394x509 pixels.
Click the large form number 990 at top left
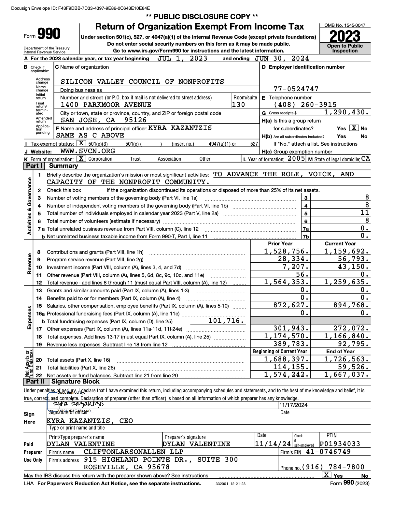tap(49, 34)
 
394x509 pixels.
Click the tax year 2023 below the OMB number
tap(345, 36)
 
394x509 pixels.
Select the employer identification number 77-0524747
tap(296, 89)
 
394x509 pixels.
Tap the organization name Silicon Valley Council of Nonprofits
tap(142, 81)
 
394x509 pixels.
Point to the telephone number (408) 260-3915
tap(305, 105)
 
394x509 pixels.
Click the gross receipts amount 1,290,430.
tap(347, 112)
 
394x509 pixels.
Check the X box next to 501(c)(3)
tap(81, 143)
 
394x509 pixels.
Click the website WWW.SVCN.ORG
tap(88, 151)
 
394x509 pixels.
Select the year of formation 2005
tap(296, 159)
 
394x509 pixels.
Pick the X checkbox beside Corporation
tap(81, 159)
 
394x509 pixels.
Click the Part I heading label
tap(34, 166)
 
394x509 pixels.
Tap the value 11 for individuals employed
tap(365, 213)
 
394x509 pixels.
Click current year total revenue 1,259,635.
tap(347, 282)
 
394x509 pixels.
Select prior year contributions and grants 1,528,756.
tap(287, 251)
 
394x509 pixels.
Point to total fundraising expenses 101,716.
tap(226, 321)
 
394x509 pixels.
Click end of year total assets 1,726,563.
tap(347, 359)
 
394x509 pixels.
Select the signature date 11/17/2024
tap(293, 405)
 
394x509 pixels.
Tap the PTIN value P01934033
tap(340, 444)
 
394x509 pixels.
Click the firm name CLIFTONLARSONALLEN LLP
tap(134, 452)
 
